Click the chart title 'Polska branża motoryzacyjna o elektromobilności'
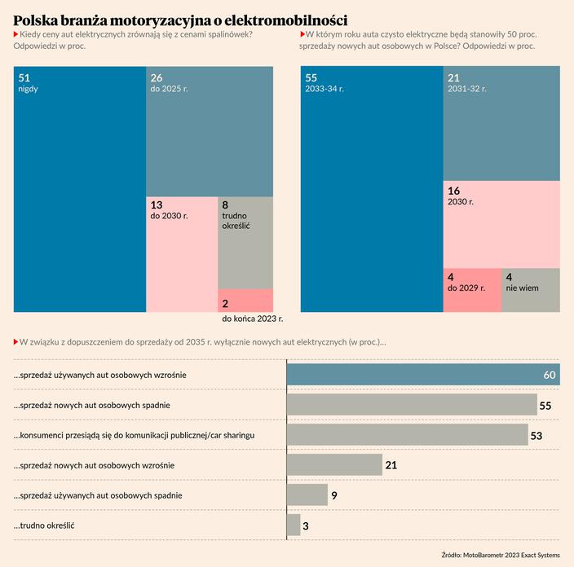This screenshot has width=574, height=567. click(x=180, y=19)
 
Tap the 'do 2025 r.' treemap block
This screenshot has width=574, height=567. click(x=210, y=131)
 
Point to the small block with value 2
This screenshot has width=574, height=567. click(x=245, y=300)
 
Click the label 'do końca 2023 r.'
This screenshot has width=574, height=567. click(x=252, y=319)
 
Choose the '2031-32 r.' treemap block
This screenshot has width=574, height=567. click(x=501, y=123)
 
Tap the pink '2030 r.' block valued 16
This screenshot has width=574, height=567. click(x=501, y=224)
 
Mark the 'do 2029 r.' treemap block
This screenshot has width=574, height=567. click(x=472, y=290)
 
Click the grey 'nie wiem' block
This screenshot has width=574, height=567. click(x=531, y=290)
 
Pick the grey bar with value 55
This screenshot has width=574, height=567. click(x=411, y=404)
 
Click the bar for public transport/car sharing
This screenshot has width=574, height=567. click(x=407, y=435)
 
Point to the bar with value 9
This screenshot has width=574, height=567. click(x=307, y=494)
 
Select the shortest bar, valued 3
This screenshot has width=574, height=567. click(x=294, y=525)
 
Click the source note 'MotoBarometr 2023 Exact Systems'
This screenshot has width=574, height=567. click(x=511, y=555)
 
